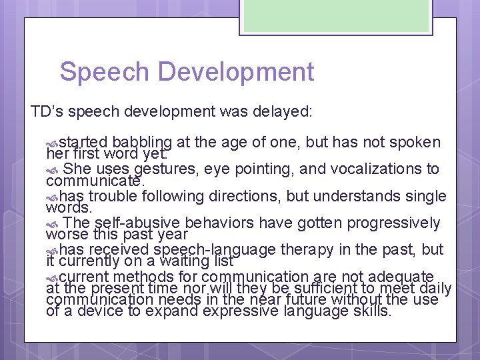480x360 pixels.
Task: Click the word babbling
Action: point(143,142)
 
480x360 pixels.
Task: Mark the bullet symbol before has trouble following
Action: point(53,197)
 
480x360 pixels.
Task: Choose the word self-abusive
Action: point(139,223)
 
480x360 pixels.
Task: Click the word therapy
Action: point(305,249)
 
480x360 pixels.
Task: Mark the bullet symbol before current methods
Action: point(53,277)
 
